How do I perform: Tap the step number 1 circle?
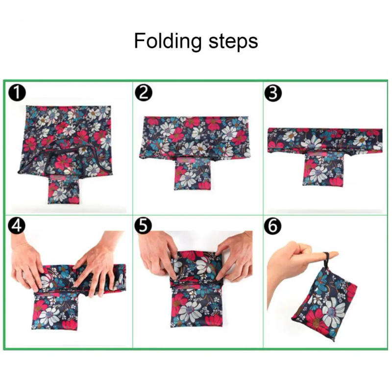[x=17, y=93]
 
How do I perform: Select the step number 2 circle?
[x=143, y=93]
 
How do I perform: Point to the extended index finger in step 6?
[x=321, y=255]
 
